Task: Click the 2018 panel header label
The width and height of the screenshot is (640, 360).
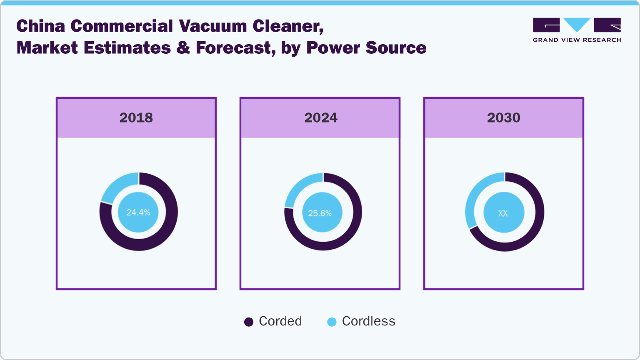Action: coord(136,118)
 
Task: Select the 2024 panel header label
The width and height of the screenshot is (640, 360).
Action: coord(321,118)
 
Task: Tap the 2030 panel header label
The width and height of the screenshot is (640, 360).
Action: coord(504,118)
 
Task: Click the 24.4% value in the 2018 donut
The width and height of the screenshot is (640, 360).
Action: coord(138,212)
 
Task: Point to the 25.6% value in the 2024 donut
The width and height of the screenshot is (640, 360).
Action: coord(320,213)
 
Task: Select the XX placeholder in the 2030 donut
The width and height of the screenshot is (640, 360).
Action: coord(503,213)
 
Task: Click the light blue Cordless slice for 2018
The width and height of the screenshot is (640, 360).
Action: coord(119,186)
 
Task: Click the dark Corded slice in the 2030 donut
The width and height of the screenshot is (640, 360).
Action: coord(529,233)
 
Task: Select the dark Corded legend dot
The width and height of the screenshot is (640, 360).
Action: coord(249,322)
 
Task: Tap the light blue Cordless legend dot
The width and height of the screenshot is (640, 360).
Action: coord(332,322)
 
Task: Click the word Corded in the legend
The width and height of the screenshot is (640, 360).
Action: coord(280,321)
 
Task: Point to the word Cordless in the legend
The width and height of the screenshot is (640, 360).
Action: coord(369,321)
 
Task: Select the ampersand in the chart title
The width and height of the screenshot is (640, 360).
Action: coord(183,48)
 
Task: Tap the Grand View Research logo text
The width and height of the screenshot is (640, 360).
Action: coord(577,40)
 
